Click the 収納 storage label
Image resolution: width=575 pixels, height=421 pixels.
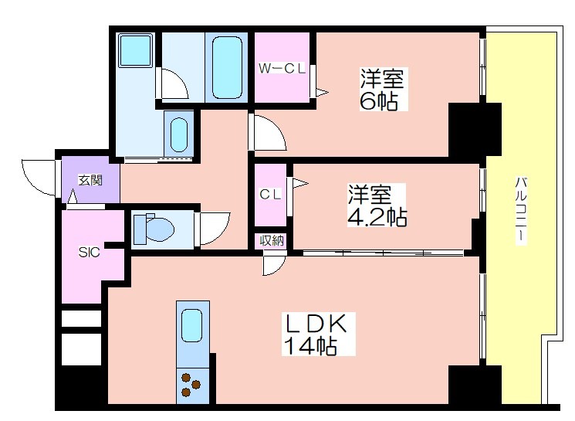(271, 241)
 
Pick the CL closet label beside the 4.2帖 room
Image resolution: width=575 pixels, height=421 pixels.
(269, 195)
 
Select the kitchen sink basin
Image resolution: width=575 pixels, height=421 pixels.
(191, 325)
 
